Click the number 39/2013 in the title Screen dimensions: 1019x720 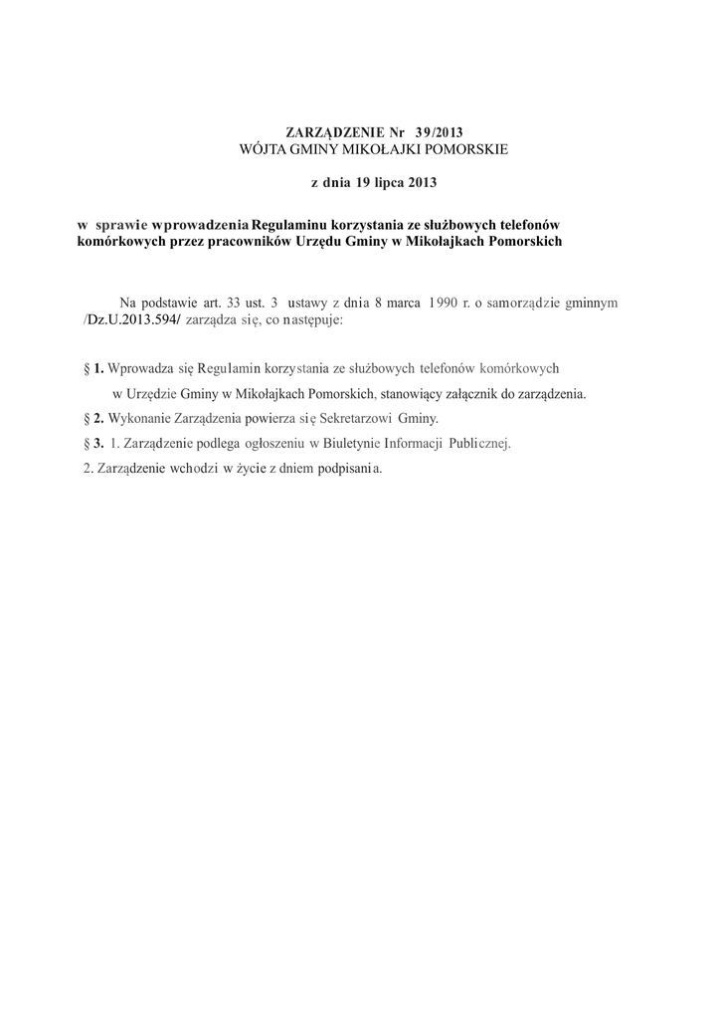438,132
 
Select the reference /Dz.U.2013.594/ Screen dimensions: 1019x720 129,321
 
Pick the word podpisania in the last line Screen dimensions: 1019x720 345,468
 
